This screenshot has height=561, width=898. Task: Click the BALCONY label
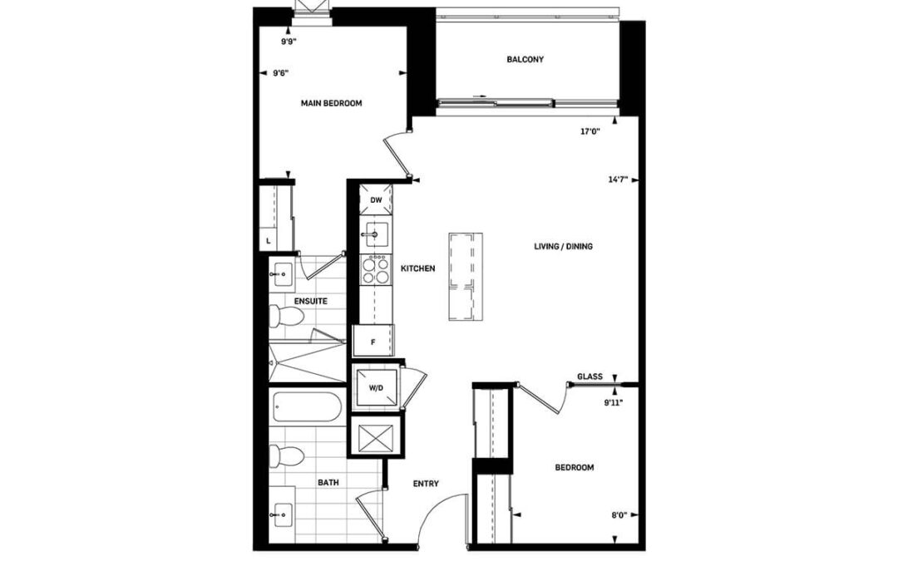(x=525, y=59)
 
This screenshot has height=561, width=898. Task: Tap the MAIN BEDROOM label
(x=332, y=103)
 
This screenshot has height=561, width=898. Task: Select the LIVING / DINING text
(x=564, y=246)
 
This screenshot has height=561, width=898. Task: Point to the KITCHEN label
(x=417, y=268)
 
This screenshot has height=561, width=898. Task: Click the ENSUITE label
(x=310, y=301)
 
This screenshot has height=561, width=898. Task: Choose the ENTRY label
(x=426, y=484)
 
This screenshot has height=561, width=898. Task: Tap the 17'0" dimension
(x=590, y=131)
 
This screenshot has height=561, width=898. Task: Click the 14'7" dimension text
(x=618, y=180)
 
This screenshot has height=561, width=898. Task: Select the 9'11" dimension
(x=614, y=402)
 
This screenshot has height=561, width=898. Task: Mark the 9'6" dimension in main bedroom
(x=281, y=72)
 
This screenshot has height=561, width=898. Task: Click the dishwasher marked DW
(x=377, y=199)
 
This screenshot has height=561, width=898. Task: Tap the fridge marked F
(x=373, y=342)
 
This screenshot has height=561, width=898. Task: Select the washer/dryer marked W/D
(x=376, y=387)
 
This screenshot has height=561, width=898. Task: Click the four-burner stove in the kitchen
(x=376, y=270)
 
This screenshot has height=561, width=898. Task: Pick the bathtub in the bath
(x=307, y=407)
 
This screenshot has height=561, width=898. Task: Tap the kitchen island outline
(x=466, y=276)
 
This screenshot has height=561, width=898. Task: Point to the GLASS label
(x=590, y=376)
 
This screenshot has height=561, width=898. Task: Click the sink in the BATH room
(x=283, y=514)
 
